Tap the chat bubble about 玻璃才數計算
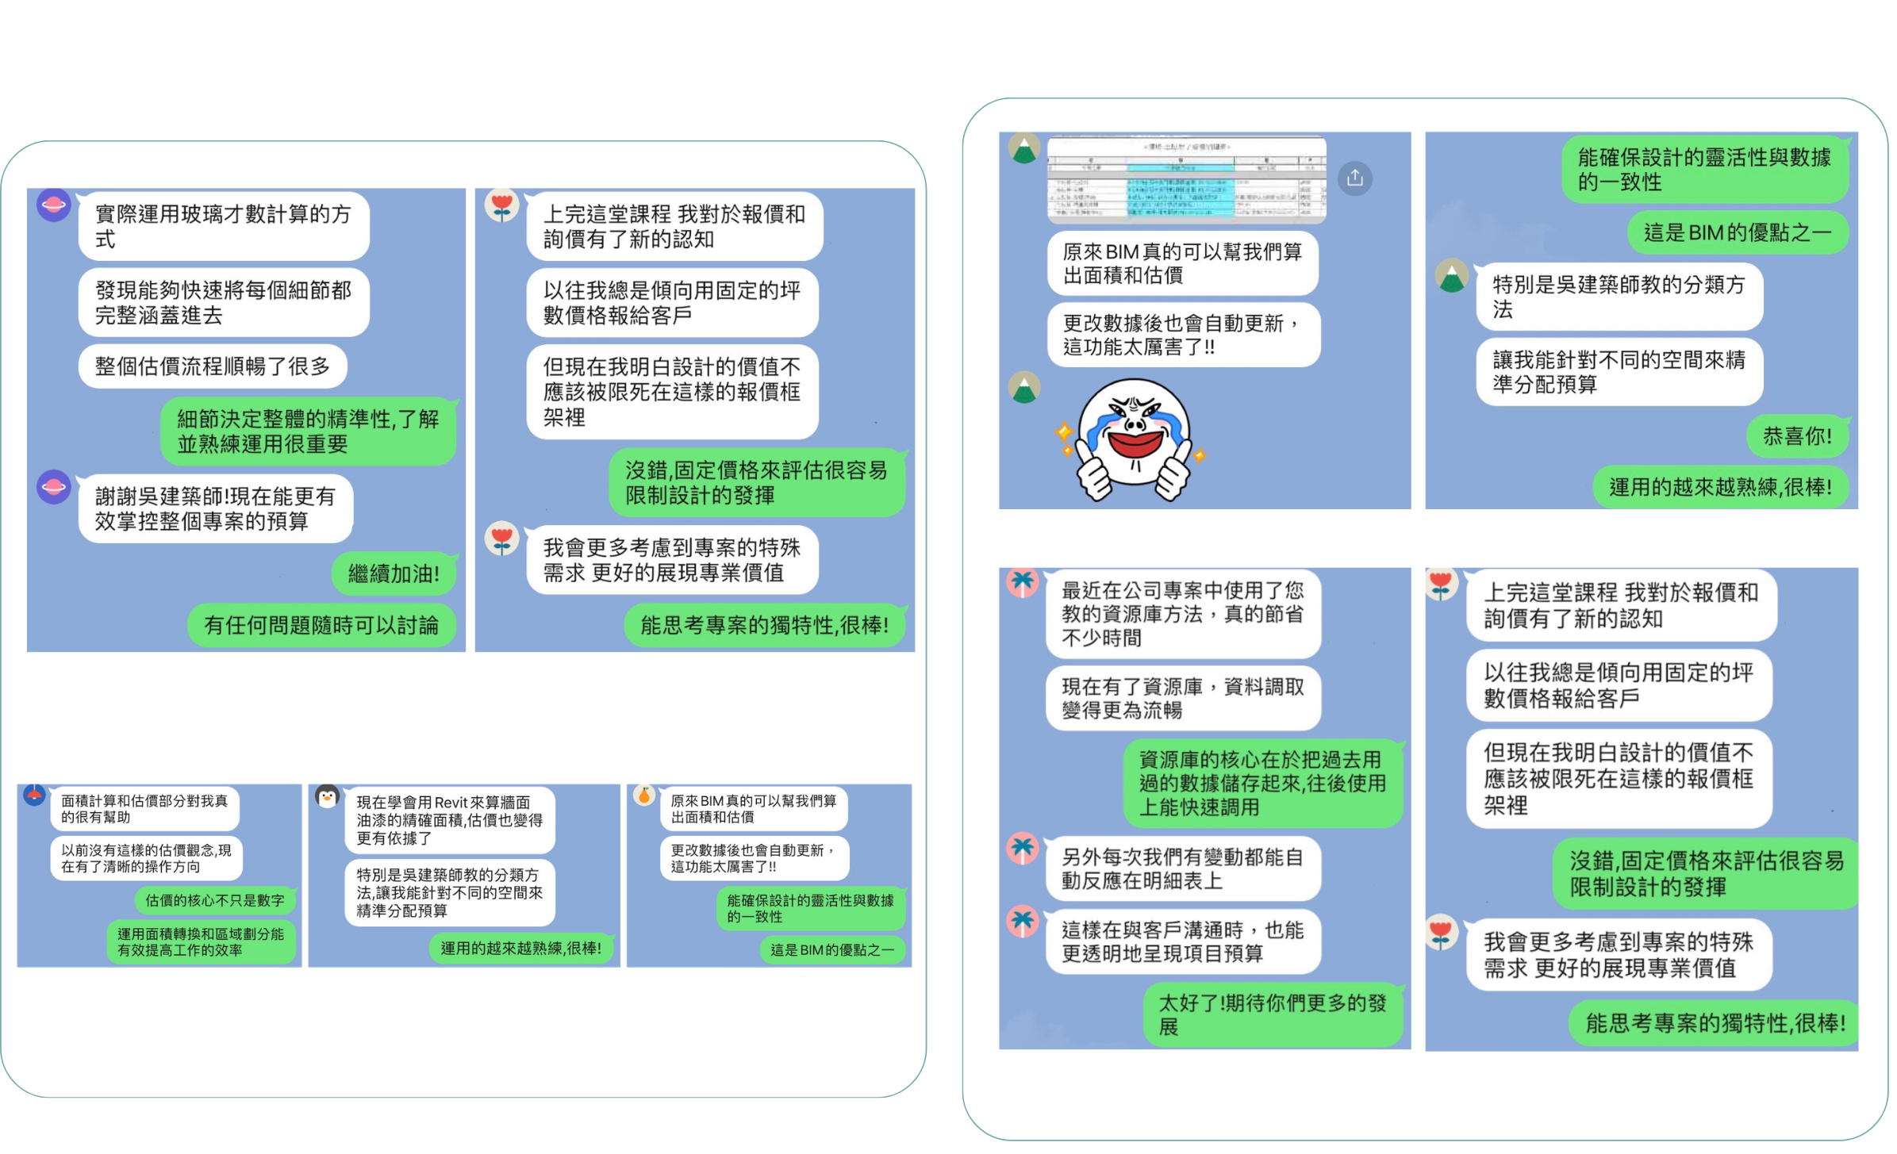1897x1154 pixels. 223,226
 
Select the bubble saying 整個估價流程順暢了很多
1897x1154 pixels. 212,366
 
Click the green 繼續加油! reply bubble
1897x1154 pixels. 394,573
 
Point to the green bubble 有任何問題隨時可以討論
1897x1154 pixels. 321,625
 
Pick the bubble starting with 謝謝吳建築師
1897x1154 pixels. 215,508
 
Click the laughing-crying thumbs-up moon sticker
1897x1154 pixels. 1133,437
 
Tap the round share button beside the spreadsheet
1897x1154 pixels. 1354,178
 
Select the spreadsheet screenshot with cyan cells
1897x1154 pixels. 1185,179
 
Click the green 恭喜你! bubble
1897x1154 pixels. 1797,436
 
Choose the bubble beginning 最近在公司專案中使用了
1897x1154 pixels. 1182,613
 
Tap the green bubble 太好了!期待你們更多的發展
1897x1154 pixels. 1272,1014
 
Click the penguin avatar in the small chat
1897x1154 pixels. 327,796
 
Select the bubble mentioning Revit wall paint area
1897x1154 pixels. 449,820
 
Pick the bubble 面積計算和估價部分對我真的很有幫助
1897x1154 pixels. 144,808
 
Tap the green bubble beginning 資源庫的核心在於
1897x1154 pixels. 1262,783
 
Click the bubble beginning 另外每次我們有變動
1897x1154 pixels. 1182,868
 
